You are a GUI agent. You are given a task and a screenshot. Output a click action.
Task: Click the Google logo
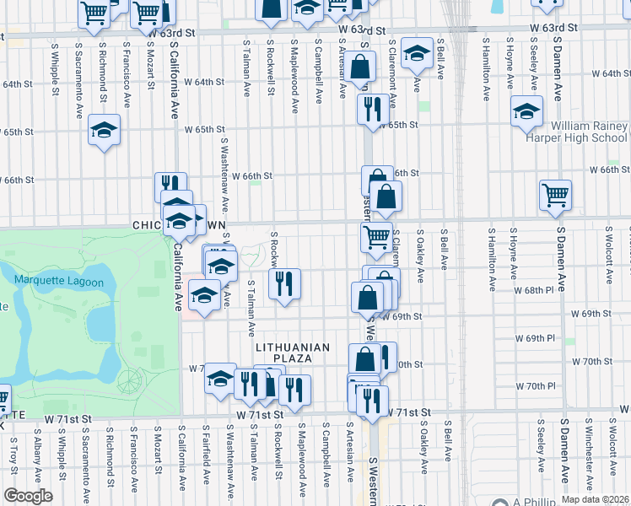click(27, 495)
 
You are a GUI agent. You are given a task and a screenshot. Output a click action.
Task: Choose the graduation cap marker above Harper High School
click(526, 111)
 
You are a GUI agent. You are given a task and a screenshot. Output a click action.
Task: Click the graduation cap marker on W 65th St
click(104, 130)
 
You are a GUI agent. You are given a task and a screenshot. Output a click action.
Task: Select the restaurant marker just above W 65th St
click(372, 109)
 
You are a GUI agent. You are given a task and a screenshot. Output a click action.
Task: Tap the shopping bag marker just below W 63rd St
click(360, 67)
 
